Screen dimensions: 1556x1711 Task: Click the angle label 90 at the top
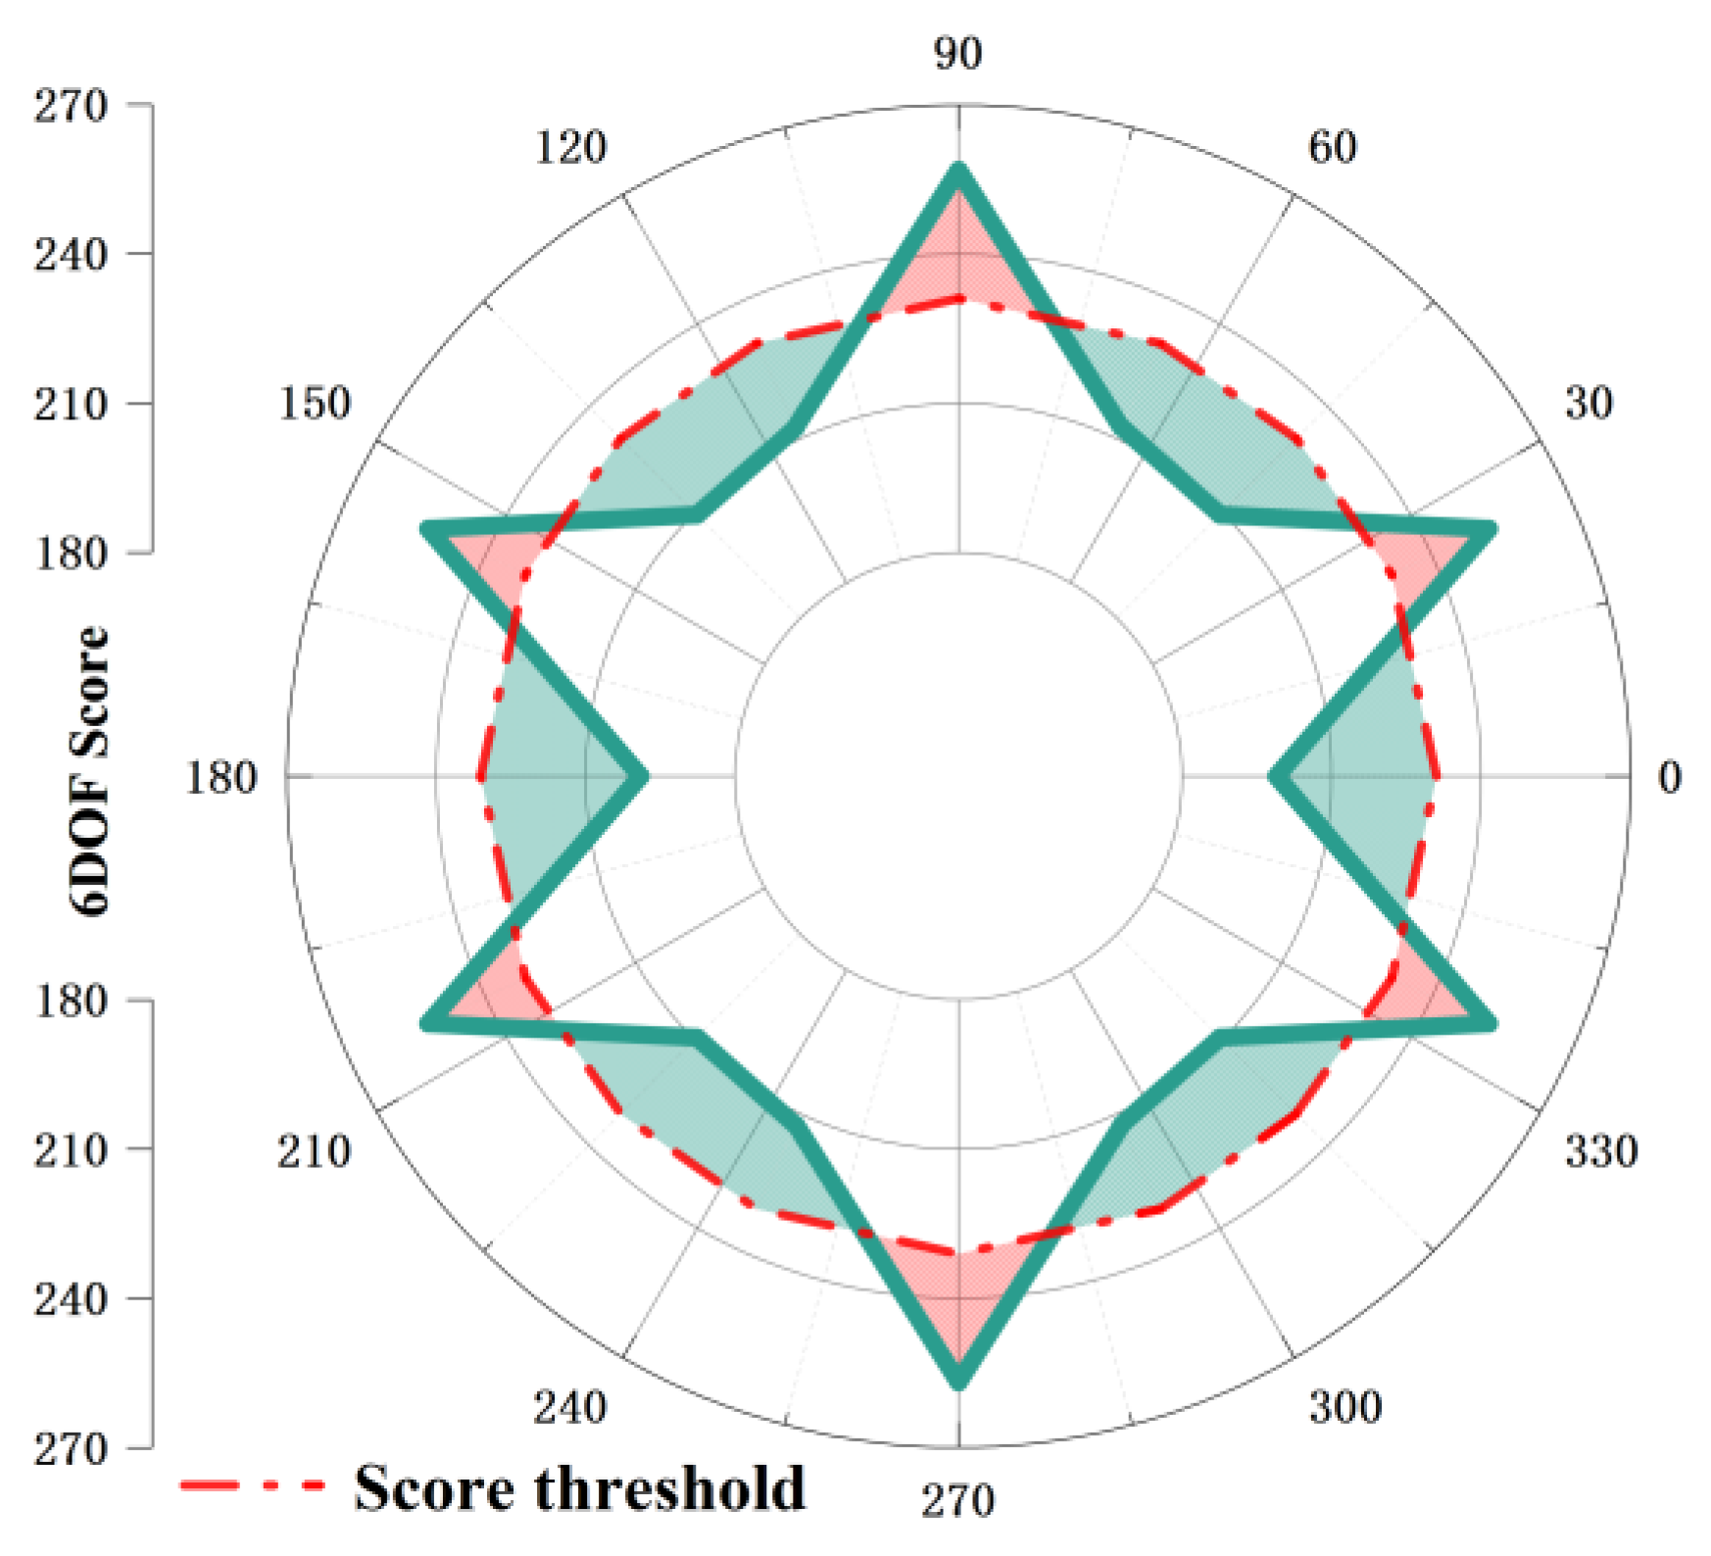pos(957,53)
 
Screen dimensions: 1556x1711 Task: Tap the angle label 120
pos(570,147)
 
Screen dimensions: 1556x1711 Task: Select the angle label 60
pos(1332,147)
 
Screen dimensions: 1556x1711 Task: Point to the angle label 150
pos(314,404)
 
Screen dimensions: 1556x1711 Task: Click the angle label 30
pos(1588,404)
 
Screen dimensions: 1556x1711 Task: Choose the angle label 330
pos(1600,1150)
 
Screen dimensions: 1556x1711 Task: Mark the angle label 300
pos(1344,1407)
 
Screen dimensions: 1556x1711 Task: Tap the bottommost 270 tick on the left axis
pos(71,1448)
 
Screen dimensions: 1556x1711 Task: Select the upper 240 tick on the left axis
pos(71,255)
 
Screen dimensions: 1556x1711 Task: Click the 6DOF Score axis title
pos(90,771)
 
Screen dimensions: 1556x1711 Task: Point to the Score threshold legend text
pos(580,1488)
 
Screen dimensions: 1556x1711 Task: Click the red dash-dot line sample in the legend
pos(253,1485)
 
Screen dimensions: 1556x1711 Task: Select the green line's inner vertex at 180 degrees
pos(643,777)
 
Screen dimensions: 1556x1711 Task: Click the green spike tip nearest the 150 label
pos(425,530)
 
